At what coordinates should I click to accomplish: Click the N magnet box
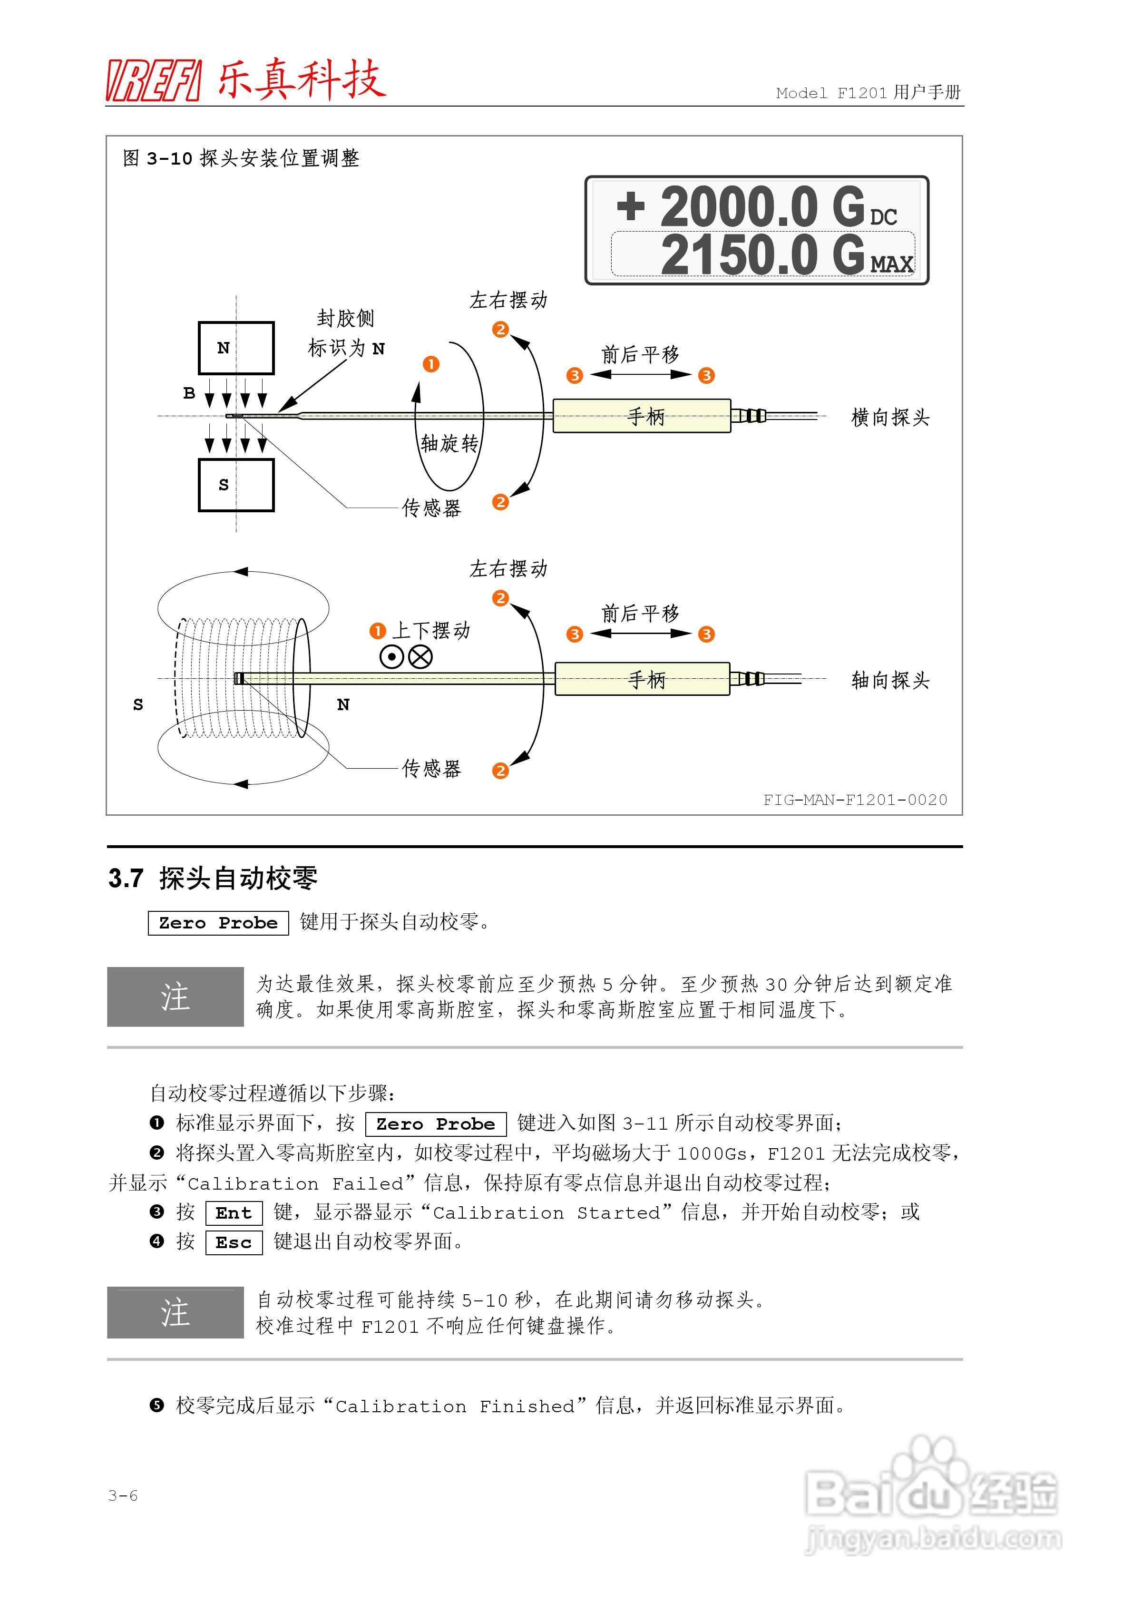pyautogui.click(x=236, y=348)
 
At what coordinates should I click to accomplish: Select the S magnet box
pyautogui.click(x=236, y=485)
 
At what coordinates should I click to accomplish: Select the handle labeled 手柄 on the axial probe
pyautogui.click(x=642, y=679)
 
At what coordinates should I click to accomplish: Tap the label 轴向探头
pyautogui.click(x=890, y=680)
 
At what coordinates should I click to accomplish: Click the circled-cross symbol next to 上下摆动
pyautogui.click(x=420, y=656)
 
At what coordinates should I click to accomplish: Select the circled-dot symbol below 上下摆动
pyautogui.click(x=391, y=656)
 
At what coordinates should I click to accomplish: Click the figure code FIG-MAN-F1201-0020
pyautogui.click(x=855, y=800)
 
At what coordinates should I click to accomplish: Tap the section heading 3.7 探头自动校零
pyautogui.click(x=213, y=879)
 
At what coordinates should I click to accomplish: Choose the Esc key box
pyautogui.click(x=234, y=1243)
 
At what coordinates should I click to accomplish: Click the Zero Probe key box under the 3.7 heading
pyautogui.click(x=218, y=923)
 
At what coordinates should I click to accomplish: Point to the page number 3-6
pyautogui.click(x=123, y=1495)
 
